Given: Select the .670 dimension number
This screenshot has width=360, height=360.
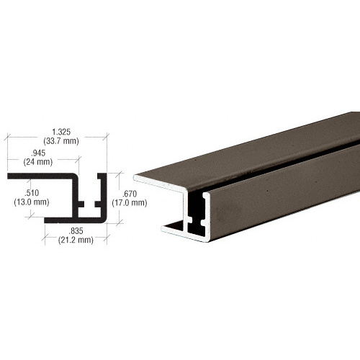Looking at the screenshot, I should [130, 194].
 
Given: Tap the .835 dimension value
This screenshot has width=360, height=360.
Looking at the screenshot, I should [76, 231].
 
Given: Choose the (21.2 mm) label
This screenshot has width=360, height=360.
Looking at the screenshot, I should [76, 240].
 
